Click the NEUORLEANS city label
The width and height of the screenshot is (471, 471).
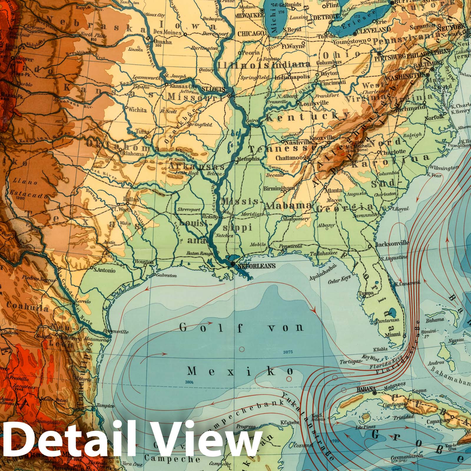point(256,266)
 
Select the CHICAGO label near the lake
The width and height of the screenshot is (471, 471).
point(251,34)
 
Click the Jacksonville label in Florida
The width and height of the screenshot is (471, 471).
point(392,243)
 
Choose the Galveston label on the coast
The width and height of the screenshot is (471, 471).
point(166,276)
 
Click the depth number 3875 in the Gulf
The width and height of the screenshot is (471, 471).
point(287,352)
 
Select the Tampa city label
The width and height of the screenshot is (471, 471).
point(366,293)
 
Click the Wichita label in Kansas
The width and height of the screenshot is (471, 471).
point(137,110)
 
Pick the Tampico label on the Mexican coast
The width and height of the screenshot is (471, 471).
point(105,406)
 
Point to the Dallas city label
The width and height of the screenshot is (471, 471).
point(131,199)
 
